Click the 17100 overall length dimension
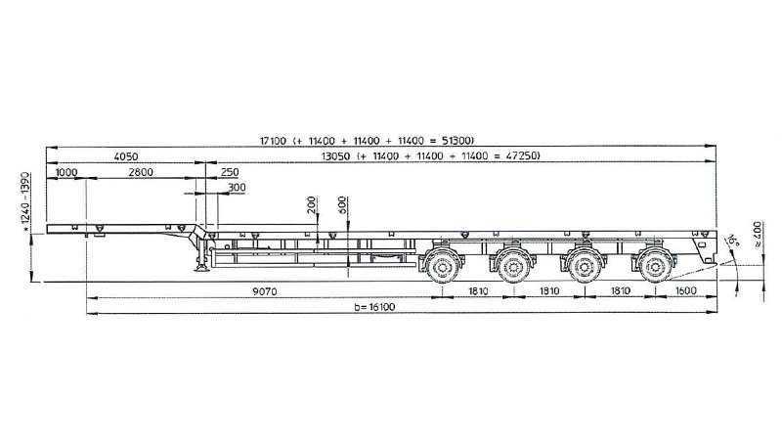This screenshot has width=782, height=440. (x=273, y=141)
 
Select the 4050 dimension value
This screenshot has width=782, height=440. (x=126, y=156)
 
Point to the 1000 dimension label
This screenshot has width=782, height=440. (x=66, y=172)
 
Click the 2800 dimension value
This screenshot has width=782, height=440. (x=141, y=172)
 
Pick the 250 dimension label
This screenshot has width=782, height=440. (x=230, y=172)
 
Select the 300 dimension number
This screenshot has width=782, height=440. (x=237, y=188)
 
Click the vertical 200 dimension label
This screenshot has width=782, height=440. (x=312, y=205)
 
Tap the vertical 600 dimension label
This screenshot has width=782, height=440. (x=342, y=205)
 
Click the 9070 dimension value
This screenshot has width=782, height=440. (x=264, y=291)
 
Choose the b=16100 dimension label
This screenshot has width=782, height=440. (x=374, y=307)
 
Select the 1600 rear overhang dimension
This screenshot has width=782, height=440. (x=685, y=290)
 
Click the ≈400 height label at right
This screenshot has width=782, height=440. (x=758, y=235)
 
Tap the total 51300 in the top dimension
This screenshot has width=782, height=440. (x=457, y=141)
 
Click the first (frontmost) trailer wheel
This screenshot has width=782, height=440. (x=442, y=267)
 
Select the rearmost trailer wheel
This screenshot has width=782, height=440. (x=654, y=267)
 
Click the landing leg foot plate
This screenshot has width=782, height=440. (x=202, y=269)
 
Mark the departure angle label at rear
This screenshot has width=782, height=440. (x=732, y=240)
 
